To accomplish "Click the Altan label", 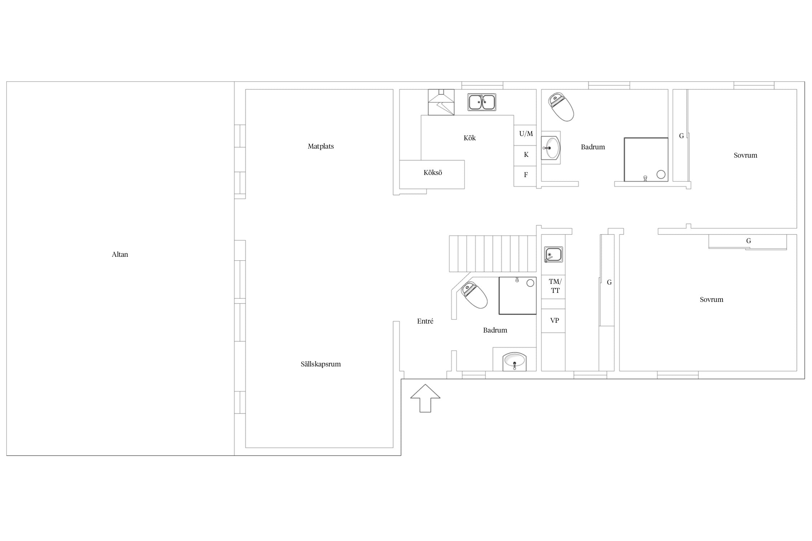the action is pos(120,254).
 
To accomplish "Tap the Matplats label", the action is pos(320,146).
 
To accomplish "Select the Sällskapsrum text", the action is pos(320,364).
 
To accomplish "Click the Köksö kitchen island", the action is pos(432,175).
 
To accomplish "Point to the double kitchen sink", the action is pos(482,102).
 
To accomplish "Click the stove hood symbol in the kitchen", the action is pos(441,102).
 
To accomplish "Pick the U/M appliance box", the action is pos(525,135).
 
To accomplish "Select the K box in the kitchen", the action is pos(525,156).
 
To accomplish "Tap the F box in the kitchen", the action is pos(525,176).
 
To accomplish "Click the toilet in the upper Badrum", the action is pos(561,107).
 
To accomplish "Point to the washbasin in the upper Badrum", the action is pos(551,148).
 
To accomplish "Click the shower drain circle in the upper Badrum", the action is pos(661,175).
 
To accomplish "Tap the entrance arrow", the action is pos(425,398).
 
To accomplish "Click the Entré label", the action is pos(425,321).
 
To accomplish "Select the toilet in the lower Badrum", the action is pos(475,295).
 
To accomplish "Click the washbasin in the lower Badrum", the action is pos(515,361).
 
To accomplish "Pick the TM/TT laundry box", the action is pos(553,287).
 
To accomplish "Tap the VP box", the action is pos(553,321).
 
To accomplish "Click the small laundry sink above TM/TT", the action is pos(554,255).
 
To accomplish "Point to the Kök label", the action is pos(470,138).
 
